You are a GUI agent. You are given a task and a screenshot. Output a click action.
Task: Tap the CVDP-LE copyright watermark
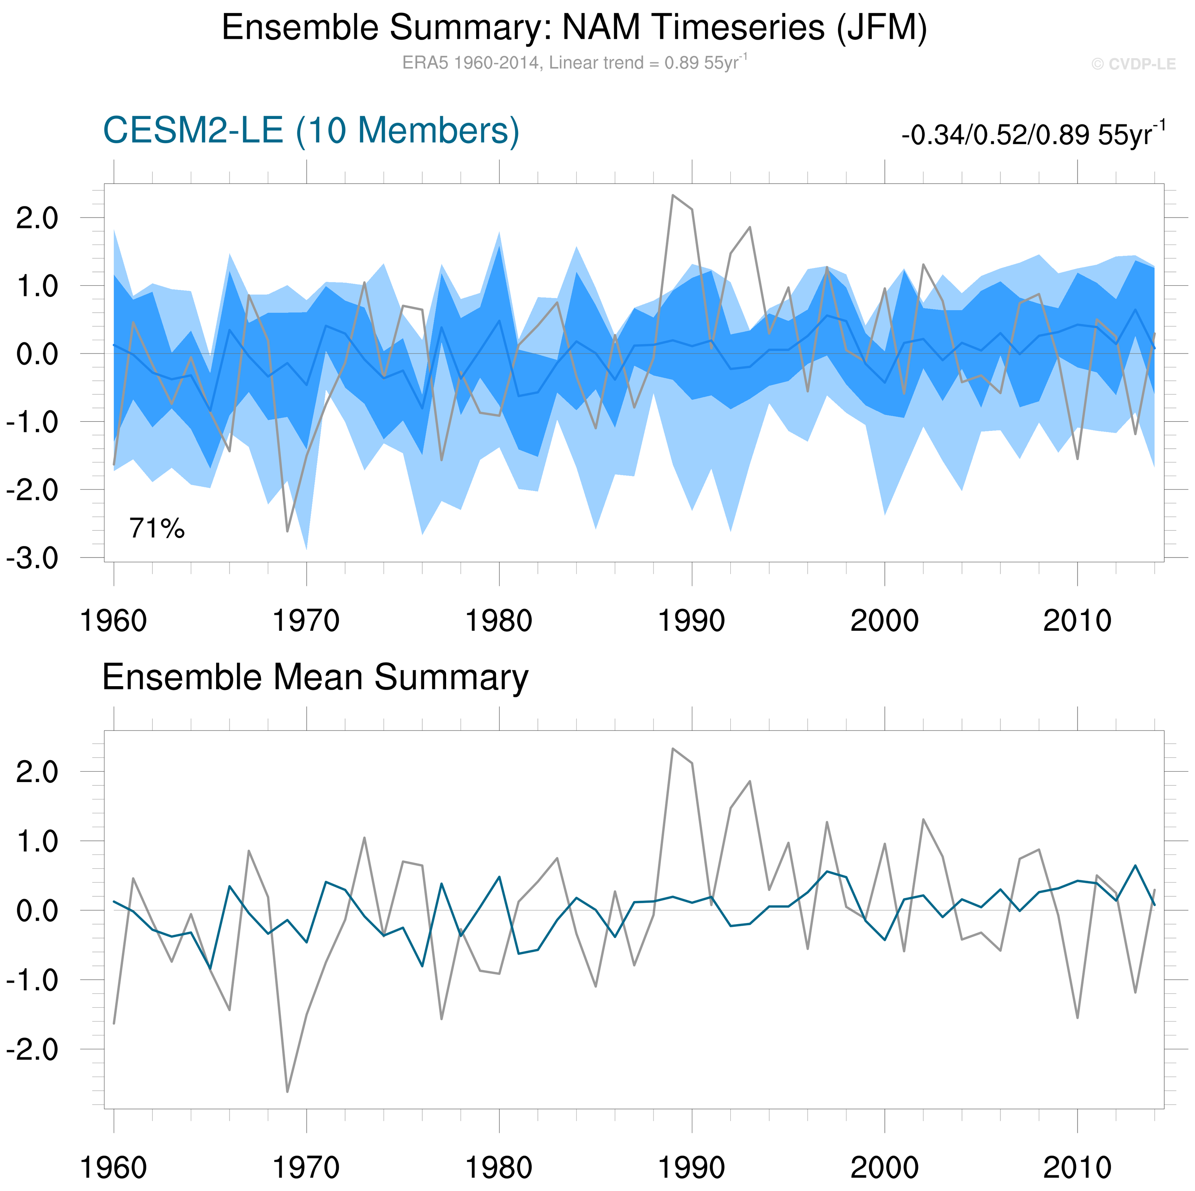tap(1133, 64)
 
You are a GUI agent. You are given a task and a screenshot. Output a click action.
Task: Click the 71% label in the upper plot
tap(156, 529)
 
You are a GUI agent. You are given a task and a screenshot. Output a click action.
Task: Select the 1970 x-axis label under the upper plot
tap(306, 621)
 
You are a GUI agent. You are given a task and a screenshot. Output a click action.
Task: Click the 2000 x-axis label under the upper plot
tap(885, 621)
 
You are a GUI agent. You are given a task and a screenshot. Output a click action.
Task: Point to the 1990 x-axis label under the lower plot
tap(691, 1168)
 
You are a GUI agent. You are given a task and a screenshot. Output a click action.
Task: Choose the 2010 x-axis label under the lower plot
tap(1078, 1168)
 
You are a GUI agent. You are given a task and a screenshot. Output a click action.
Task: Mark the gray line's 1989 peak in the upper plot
tap(673, 195)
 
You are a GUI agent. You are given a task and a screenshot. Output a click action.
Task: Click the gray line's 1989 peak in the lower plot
tap(673, 749)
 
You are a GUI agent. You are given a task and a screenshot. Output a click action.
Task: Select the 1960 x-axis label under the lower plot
tap(114, 1168)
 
